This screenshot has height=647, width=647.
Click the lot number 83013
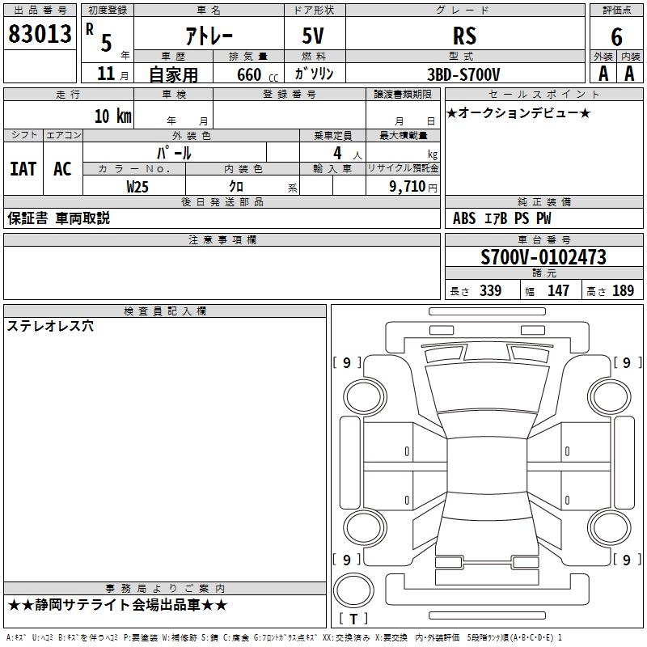click(x=40, y=34)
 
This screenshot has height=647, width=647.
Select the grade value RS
click(x=464, y=36)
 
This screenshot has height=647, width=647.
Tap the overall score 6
click(x=616, y=37)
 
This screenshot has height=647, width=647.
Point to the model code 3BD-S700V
click(x=463, y=74)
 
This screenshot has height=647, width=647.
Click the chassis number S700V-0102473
click(x=543, y=257)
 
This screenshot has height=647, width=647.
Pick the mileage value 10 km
click(x=113, y=116)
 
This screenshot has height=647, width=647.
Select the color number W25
click(x=137, y=187)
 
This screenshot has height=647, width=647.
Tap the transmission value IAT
click(x=23, y=169)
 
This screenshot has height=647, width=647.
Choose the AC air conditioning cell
click(x=63, y=169)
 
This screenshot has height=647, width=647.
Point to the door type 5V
click(x=313, y=36)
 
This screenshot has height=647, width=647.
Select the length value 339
click(x=491, y=290)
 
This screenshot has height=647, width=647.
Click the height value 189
click(x=623, y=290)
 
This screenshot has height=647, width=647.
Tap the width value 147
click(x=558, y=290)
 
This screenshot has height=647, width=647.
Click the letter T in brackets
click(x=353, y=620)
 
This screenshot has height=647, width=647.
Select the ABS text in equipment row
click(x=464, y=218)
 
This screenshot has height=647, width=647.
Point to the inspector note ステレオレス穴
click(x=50, y=327)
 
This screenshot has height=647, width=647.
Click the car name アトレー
click(x=209, y=36)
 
